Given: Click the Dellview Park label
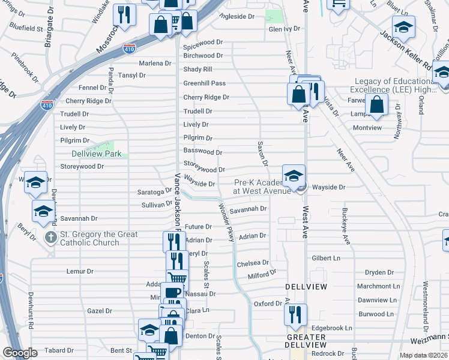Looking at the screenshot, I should [x=96, y=154].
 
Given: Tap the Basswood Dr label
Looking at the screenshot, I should [x=202, y=152].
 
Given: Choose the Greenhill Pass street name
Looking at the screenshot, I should [x=204, y=83].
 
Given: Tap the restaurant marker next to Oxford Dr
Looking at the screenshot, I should [x=295, y=316].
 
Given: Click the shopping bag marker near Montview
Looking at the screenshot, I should [x=376, y=104].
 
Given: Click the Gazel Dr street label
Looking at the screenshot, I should [x=99, y=311].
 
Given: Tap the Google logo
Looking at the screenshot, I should [x=20, y=353].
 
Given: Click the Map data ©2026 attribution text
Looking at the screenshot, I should [x=423, y=355].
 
